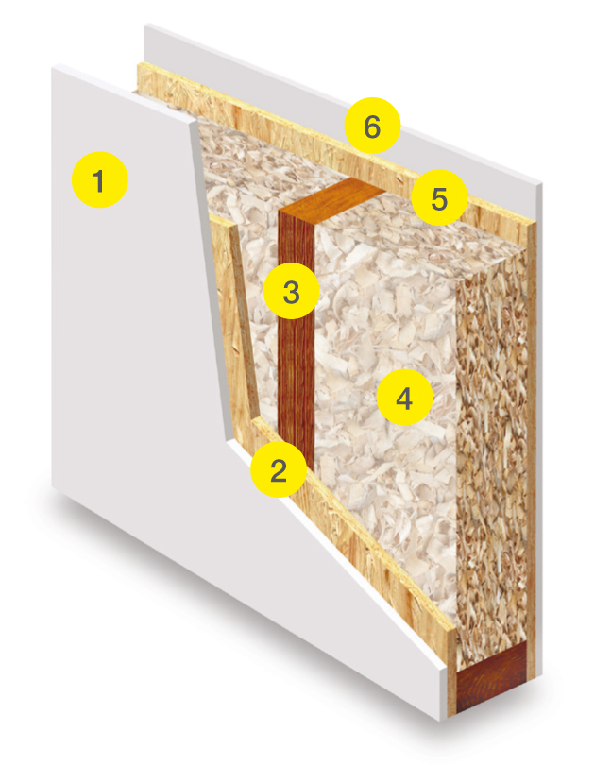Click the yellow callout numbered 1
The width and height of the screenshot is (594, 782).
(100, 179)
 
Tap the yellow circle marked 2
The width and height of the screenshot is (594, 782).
(279, 468)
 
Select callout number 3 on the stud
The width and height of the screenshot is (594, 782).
(291, 291)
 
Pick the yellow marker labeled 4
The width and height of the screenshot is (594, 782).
(404, 397)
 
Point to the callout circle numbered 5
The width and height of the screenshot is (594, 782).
(439, 197)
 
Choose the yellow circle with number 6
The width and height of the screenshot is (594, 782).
(372, 126)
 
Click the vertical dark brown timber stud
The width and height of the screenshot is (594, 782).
(297, 349)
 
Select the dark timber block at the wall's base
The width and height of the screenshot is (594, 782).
(491, 676)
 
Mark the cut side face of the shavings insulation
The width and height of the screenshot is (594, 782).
(491, 449)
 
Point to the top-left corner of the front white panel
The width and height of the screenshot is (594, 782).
(52, 66)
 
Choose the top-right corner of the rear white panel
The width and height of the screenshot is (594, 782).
(542, 185)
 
